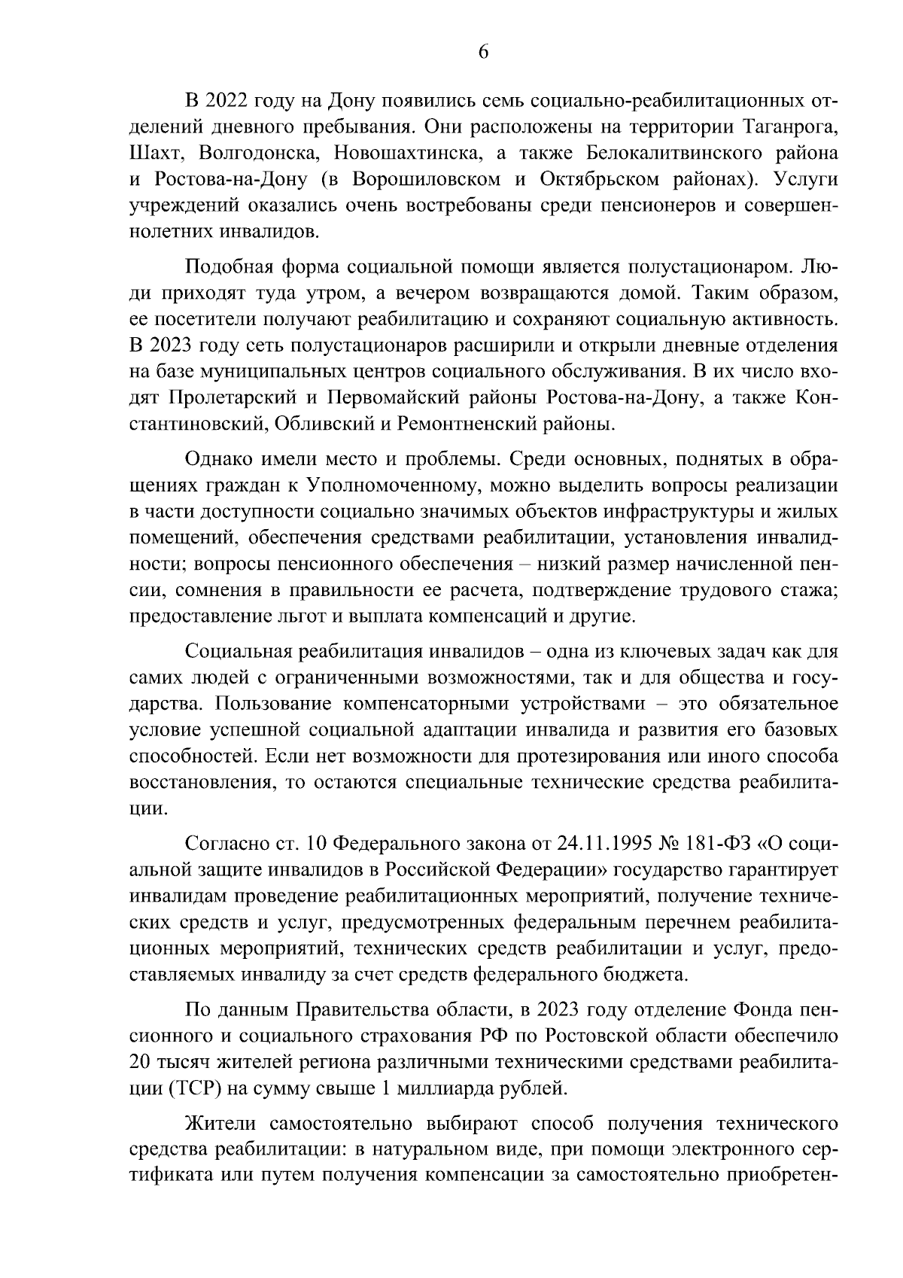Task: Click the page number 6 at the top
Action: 483,52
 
